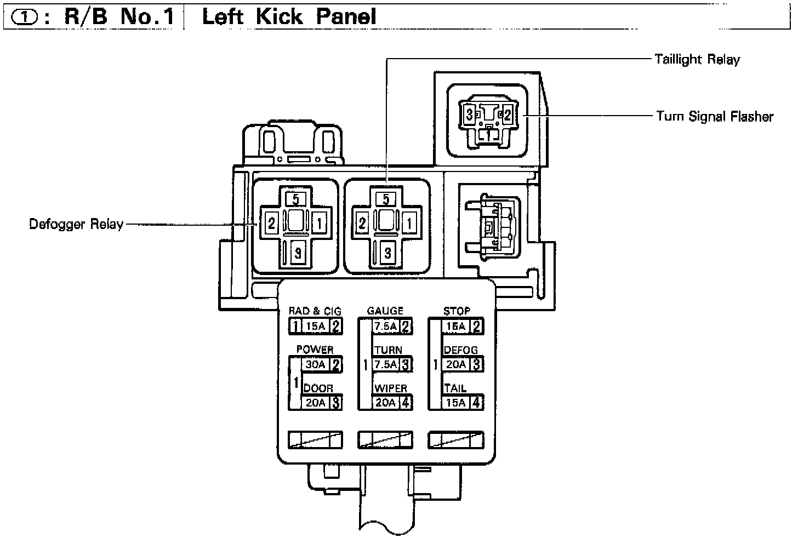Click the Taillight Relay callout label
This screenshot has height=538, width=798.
point(697,59)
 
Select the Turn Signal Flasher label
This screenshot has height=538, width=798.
point(715,116)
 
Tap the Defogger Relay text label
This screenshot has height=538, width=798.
point(76,224)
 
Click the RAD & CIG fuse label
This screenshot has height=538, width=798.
point(315,311)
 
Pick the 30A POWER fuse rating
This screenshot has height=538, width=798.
point(316,364)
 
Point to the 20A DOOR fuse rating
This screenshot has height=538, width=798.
point(316,403)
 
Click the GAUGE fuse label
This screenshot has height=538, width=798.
point(385,311)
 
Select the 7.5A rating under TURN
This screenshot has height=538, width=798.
point(386,364)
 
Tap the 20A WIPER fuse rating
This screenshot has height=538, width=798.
point(386,403)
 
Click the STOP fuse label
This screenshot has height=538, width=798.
point(457,311)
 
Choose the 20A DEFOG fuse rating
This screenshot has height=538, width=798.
point(456,364)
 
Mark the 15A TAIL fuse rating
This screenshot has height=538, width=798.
point(456,403)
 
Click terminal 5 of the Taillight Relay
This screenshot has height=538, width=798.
point(386,199)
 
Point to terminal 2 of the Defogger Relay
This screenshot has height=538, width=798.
point(271,223)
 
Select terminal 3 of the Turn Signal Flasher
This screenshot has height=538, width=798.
point(470,115)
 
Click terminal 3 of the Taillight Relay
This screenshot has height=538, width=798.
point(387,253)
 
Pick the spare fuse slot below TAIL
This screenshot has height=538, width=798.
point(456,439)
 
